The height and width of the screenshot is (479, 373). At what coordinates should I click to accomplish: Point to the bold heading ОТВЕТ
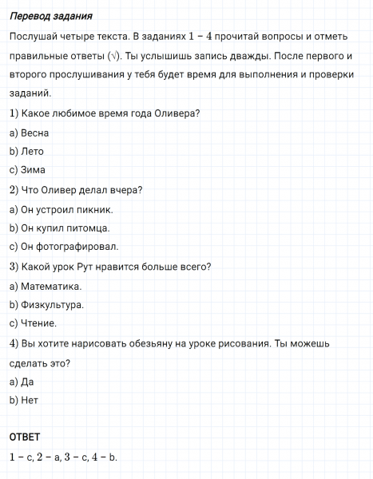(25, 437)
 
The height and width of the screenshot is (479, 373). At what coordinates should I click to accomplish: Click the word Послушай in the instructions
(32, 36)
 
